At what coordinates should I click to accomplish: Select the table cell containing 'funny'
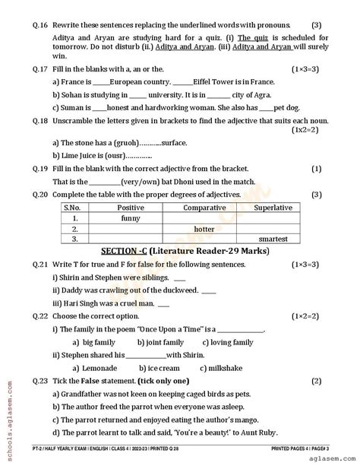[131, 217]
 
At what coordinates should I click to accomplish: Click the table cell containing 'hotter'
[204, 228]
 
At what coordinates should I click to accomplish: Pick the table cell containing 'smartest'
[271, 239]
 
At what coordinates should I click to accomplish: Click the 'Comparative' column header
[204, 207]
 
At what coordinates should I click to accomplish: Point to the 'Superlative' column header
[271, 207]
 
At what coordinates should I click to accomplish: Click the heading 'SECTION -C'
[123, 250]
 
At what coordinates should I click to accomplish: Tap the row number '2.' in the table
[74, 228]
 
